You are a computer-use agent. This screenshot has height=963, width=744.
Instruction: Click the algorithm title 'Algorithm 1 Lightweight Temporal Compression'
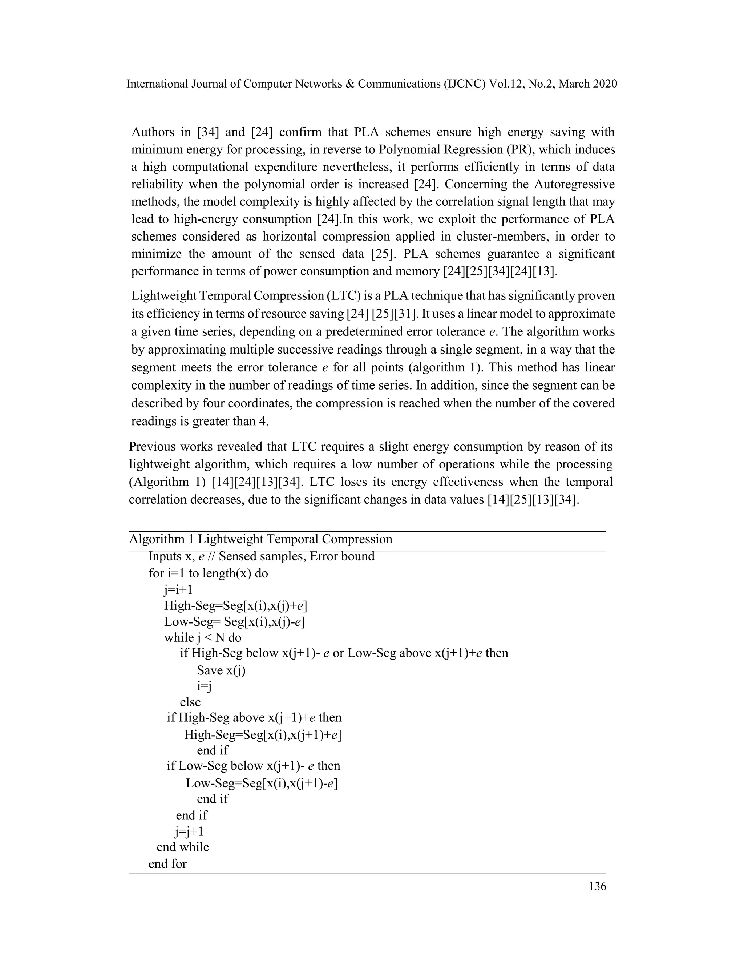point(260,539)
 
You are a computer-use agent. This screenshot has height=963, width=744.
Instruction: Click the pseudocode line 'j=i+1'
point(178,589)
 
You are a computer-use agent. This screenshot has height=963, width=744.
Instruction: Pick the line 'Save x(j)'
point(221,670)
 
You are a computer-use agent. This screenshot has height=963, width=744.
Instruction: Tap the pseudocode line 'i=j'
point(205,686)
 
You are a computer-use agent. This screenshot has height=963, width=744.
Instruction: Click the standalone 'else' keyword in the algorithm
point(190,702)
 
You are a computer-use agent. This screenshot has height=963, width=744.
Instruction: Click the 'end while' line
point(183,847)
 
